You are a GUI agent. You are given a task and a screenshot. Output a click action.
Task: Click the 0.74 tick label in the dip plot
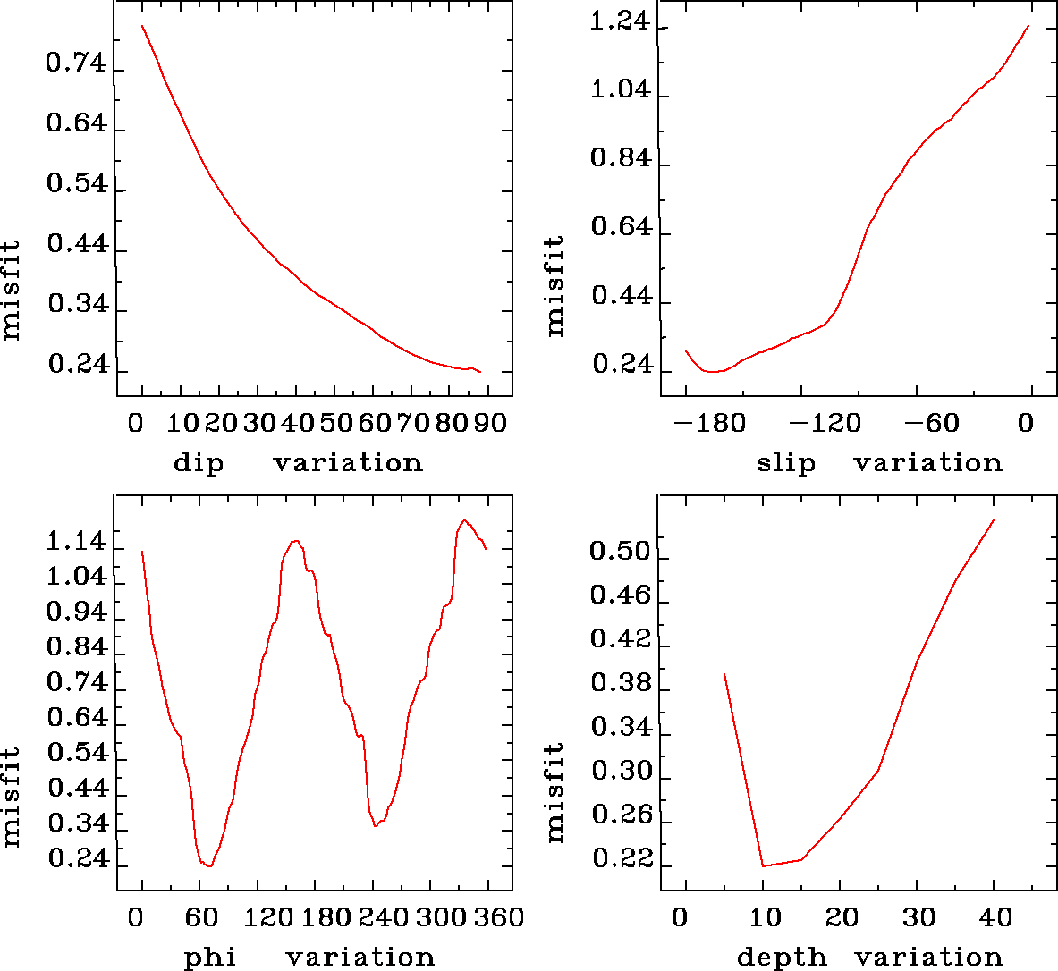pos(76,65)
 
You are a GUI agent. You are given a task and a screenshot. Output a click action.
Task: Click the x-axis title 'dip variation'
pos(298,463)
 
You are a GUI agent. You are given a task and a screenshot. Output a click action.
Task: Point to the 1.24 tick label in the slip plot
pos(619,22)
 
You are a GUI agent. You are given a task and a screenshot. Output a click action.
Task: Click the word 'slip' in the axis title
pos(787,463)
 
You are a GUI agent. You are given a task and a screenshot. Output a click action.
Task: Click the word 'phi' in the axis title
pos(210,958)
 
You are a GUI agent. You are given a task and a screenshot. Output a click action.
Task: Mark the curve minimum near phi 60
pos(208,865)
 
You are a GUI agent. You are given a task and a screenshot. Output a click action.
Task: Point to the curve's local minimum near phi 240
pos(376,826)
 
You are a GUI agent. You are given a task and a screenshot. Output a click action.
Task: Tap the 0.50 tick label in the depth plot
pos(619,552)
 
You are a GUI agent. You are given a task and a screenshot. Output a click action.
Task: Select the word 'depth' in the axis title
pos(782,958)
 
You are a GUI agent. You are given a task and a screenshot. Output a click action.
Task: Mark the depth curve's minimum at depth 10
pos(763,865)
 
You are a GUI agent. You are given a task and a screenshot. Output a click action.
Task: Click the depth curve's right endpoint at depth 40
pos(994,520)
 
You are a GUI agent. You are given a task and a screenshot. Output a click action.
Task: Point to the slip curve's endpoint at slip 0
pos(1029,26)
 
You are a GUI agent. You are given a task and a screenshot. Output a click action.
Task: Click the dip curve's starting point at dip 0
pos(142,26)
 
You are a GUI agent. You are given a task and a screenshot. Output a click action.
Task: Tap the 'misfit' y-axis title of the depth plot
pos(555,791)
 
